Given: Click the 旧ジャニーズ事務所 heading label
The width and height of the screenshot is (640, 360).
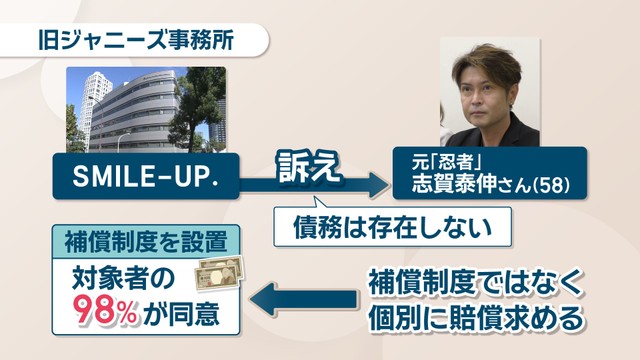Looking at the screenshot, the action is point(136,41).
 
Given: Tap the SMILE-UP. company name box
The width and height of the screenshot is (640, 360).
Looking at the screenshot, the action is point(146,176).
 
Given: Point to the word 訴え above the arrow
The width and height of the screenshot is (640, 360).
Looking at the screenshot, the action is point(308,167).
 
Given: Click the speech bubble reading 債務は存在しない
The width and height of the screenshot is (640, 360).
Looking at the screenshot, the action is point(392,227).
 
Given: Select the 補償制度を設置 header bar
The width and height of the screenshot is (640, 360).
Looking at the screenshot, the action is point(146,242).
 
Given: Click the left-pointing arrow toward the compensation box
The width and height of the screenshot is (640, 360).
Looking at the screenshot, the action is point(303,299).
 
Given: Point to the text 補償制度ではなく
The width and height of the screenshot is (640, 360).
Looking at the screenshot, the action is point(475,282).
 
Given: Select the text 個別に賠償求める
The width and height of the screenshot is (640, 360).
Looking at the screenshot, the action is point(476,318).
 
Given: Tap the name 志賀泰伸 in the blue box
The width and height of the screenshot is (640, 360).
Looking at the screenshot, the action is point(453,184).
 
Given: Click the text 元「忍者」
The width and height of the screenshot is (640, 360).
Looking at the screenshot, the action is point(447,164).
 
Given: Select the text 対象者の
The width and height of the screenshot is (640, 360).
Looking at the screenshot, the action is point(123,279).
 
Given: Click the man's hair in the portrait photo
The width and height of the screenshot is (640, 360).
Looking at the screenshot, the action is point(488,65).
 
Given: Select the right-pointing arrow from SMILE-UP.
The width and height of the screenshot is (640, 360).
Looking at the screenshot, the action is point(312,185).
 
